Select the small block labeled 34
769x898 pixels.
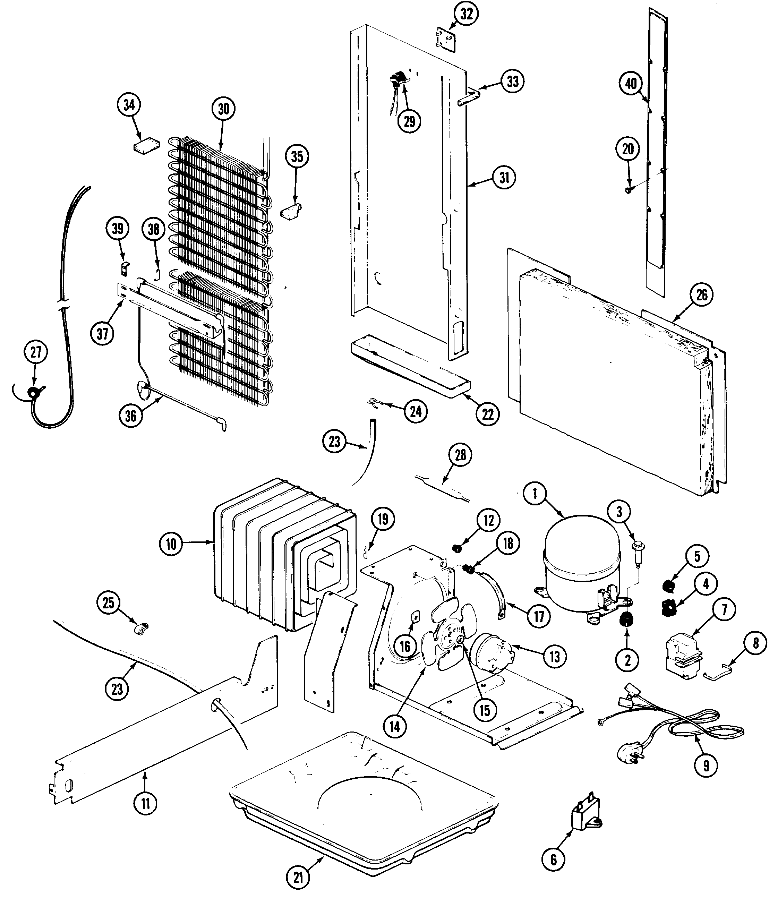pos(146,146)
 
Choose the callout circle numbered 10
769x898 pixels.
pos(171,544)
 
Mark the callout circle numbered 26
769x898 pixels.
pos(701,295)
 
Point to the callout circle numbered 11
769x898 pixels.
pos(145,803)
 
